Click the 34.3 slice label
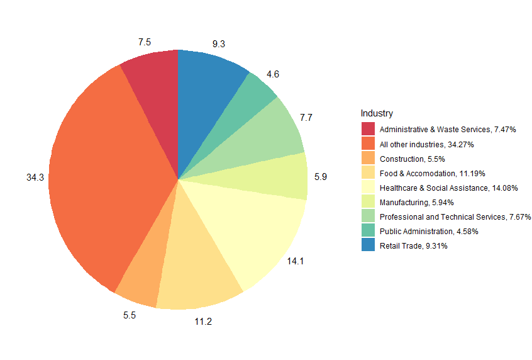point(35,178)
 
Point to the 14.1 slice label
point(296,261)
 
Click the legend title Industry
point(377,113)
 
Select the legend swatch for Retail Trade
point(368,245)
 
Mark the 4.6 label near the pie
point(273,74)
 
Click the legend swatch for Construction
point(368,159)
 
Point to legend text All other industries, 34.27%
point(426,144)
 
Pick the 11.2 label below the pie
point(202,322)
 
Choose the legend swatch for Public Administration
point(368,231)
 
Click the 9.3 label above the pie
point(219,44)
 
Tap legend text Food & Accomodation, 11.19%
point(433,173)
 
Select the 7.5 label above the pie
point(145,42)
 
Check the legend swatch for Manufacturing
point(368,202)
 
